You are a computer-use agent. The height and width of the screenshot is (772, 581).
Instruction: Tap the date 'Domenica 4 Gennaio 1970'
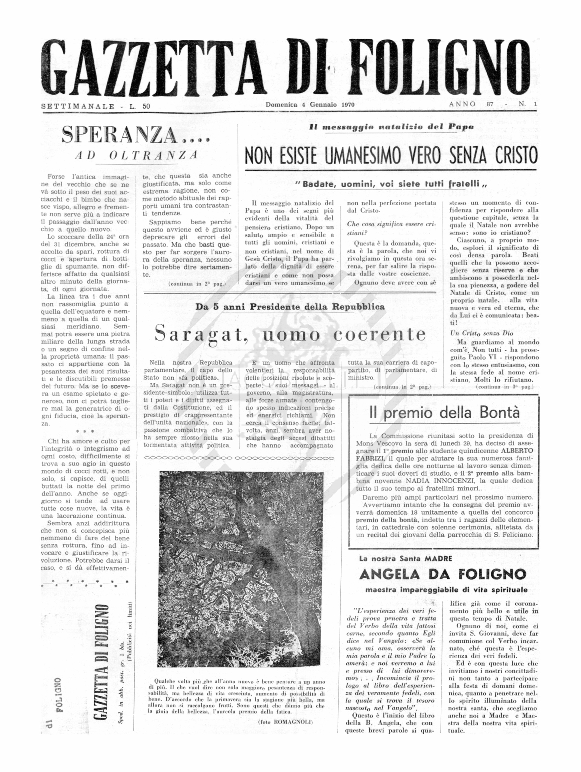click(310, 104)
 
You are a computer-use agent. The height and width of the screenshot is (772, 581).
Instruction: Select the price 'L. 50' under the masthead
click(139, 106)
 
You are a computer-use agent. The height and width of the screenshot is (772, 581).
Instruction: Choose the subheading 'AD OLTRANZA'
click(136, 155)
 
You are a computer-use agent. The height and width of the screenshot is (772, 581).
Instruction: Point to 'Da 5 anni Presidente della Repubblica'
click(290, 307)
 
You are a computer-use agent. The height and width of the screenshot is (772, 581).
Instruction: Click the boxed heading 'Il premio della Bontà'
click(444, 412)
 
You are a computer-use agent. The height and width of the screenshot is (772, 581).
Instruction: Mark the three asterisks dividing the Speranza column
click(85, 432)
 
